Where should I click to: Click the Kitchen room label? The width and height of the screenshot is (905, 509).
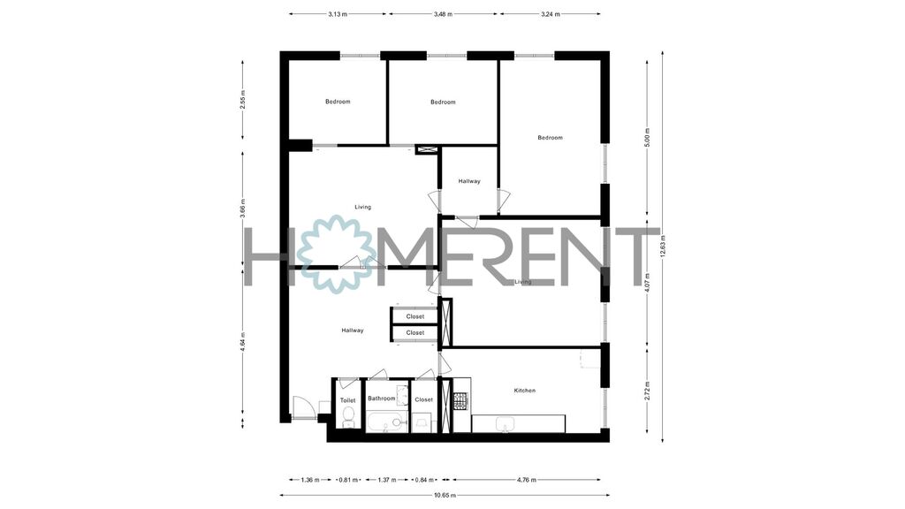[x=524, y=391]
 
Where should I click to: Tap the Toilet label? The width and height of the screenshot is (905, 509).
[x=347, y=400]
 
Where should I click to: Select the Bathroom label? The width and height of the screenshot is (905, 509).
[x=382, y=399]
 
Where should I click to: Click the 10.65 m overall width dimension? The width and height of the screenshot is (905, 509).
[x=445, y=495]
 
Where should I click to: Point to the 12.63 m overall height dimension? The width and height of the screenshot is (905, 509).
[x=663, y=247]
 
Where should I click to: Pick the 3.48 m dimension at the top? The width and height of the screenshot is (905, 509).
[x=443, y=14]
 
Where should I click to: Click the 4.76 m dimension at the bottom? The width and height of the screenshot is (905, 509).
[x=526, y=480]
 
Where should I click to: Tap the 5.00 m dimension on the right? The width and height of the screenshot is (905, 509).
[x=647, y=137]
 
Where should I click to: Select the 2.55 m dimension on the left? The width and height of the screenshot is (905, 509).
[x=243, y=100]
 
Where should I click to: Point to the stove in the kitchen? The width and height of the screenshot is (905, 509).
[x=460, y=400]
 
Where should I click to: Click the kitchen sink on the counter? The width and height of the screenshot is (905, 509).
[x=505, y=424]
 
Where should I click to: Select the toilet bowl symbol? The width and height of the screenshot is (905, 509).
[x=348, y=415]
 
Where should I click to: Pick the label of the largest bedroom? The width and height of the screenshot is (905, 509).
[x=550, y=138]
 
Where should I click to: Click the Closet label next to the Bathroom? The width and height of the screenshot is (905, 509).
[x=423, y=400]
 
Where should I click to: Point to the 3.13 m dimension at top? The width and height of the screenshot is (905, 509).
[x=338, y=14]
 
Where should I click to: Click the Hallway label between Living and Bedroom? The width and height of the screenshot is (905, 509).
[x=469, y=181]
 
